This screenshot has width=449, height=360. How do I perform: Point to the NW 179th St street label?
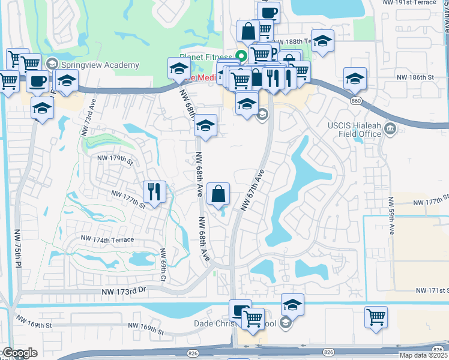coord(115,159)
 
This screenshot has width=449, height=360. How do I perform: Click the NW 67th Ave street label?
coord(253,190)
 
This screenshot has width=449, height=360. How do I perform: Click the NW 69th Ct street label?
coord(162,264)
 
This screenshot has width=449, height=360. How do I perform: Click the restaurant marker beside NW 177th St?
coord(154,192)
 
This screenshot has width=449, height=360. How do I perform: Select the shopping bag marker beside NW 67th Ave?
coord(218,194)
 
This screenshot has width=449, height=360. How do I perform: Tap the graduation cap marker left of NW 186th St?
coord(355,79)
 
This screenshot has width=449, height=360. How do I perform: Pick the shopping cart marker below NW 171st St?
coord(376,317)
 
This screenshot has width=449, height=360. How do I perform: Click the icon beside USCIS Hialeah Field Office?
coord(391,128)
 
